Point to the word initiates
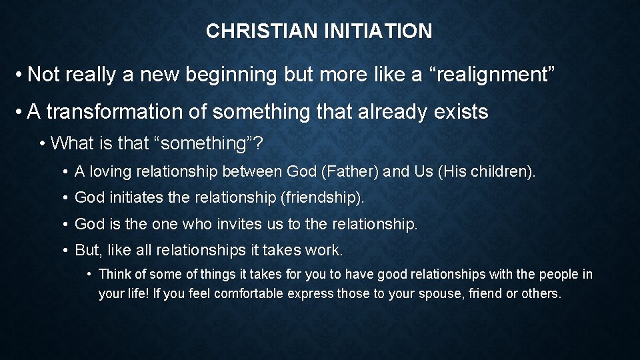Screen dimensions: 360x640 [129, 198]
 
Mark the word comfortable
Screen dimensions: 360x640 [246, 293]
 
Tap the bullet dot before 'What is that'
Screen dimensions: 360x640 [43, 143]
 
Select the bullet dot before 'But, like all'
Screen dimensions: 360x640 [66, 250]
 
